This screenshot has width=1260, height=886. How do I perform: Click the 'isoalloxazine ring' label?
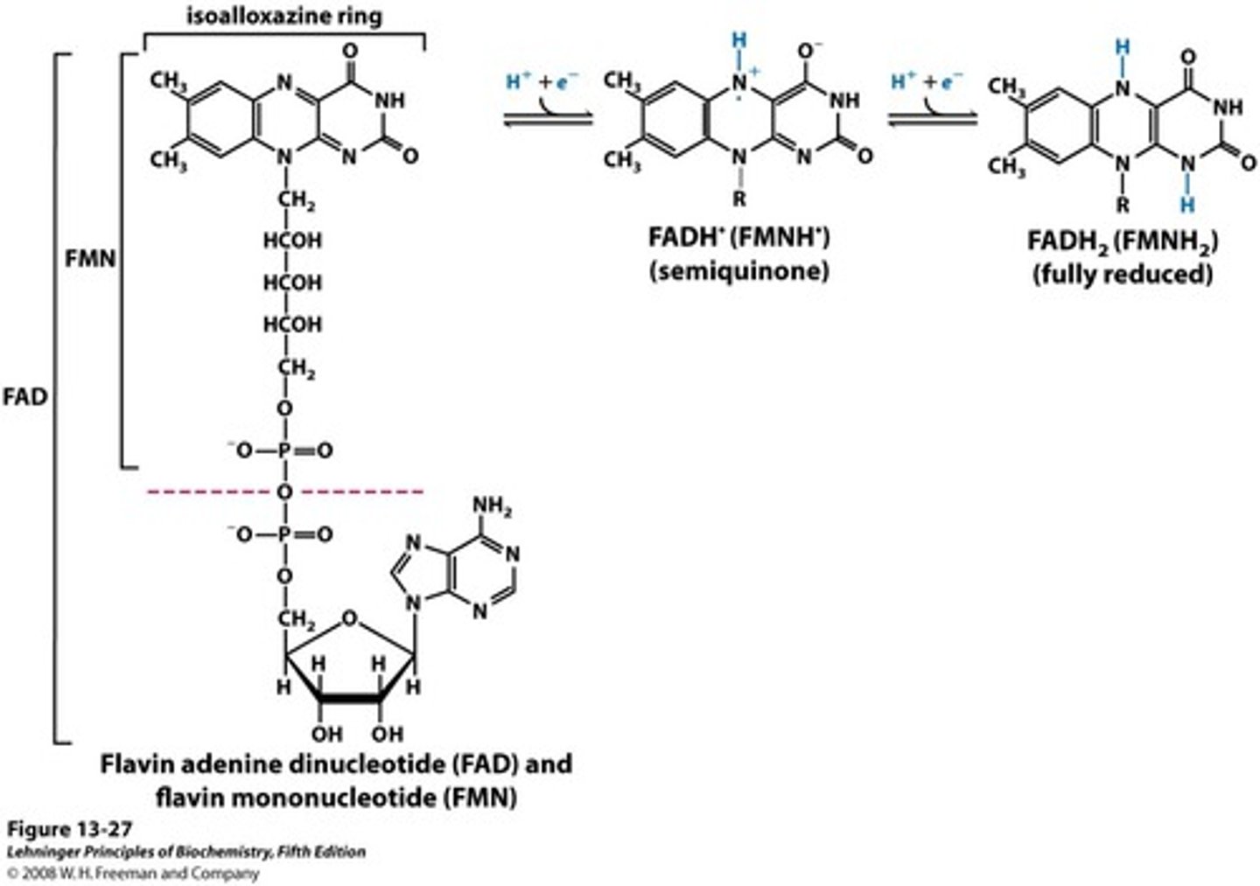pos(284,16)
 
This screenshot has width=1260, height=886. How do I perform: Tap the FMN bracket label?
pos(90,259)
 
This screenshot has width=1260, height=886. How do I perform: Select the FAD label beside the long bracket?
pos(24,397)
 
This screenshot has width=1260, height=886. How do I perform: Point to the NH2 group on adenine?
pos(491,508)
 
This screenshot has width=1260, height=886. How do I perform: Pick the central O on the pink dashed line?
pos(284,492)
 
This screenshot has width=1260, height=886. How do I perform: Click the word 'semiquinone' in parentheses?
pos(738,271)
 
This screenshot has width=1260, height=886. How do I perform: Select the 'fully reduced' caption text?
pos(1123,275)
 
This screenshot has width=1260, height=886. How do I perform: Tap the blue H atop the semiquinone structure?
pos(740,41)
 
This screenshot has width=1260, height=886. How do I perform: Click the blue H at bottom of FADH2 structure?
pos(1186,205)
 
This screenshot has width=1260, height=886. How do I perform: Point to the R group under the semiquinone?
pos(740,199)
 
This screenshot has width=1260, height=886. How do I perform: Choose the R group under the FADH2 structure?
pos(1123,206)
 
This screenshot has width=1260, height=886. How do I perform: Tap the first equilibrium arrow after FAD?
pos(549,119)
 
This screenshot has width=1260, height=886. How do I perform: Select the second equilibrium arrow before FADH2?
pos(933,119)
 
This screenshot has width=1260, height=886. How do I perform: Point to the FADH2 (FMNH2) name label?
pos(1123,241)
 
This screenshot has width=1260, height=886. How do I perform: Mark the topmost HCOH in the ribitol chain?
pos(293,240)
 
